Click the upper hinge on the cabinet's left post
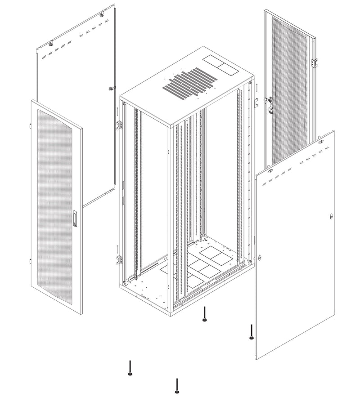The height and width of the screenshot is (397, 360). (120, 125)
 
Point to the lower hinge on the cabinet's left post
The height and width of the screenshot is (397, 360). (120, 259)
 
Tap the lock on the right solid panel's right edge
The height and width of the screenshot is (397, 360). (331, 216)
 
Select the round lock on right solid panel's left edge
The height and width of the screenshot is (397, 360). (260, 258)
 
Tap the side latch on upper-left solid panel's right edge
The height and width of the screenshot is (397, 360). (111, 88)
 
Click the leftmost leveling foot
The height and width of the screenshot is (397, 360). (130, 367)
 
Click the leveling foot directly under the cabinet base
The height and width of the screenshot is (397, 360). (205, 314)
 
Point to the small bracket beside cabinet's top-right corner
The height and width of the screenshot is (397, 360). (255, 102)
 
